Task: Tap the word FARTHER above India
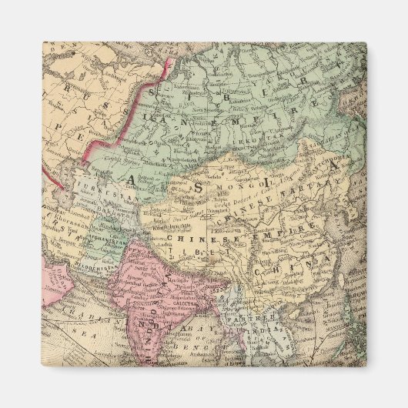(247, 318)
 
